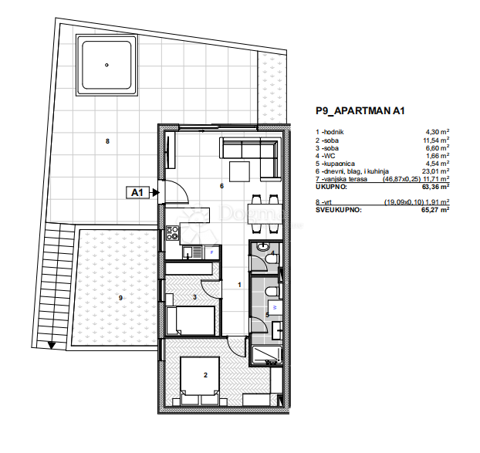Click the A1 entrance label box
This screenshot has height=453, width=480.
click(140, 194)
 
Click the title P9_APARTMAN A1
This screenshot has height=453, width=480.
click(360, 111)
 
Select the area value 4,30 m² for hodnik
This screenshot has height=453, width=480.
click(437, 132)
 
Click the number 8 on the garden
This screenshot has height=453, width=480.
click(107, 140)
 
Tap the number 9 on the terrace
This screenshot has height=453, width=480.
click(120, 297)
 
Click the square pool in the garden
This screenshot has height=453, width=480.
click(106, 66)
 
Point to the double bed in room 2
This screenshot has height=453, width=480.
click(202, 379)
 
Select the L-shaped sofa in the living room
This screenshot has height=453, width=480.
click(251, 154)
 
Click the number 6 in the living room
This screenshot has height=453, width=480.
click(221, 186)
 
